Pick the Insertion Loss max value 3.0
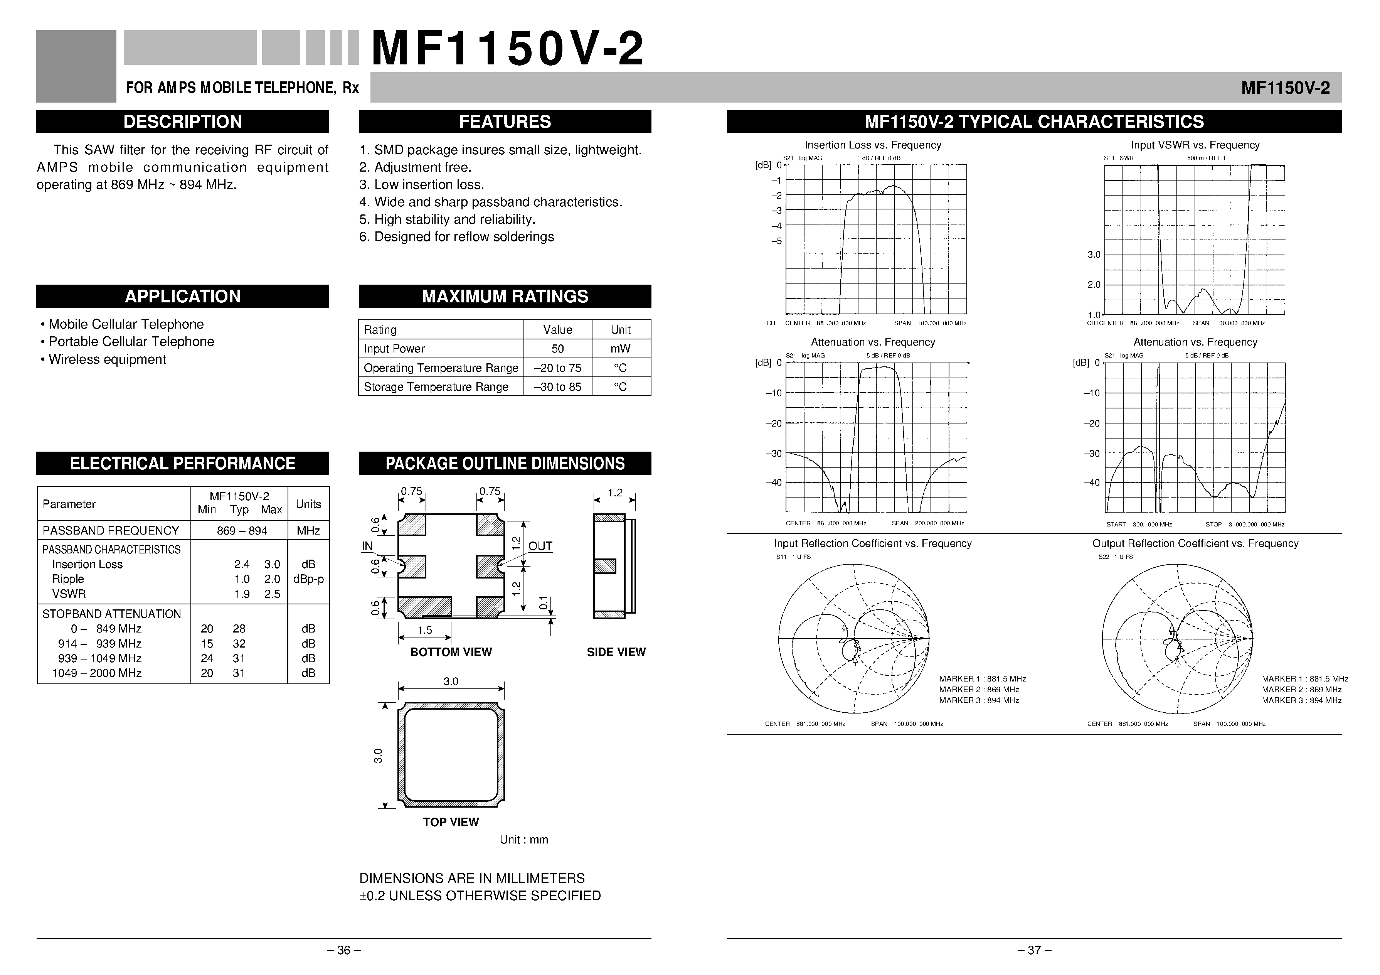coord(272,564)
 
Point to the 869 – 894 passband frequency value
coord(242,531)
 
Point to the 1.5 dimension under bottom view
coord(424,630)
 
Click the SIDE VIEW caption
coord(616,652)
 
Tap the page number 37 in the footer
coord(1034,950)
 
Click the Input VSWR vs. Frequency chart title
coord(1195,145)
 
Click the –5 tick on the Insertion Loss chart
coord(777,241)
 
